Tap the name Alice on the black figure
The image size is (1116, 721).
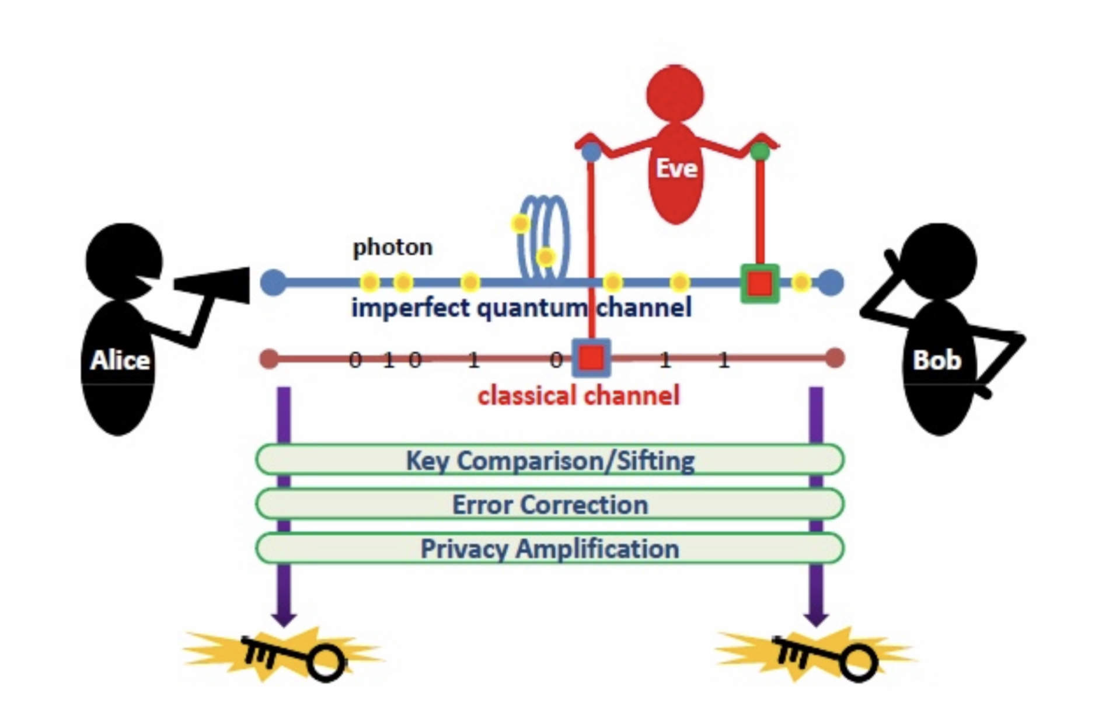point(120,360)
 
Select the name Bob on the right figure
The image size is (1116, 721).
point(936,360)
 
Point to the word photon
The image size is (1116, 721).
point(392,247)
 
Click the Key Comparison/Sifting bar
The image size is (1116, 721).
point(549,460)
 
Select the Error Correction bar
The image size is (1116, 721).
point(549,504)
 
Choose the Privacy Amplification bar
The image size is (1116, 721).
point(549,549)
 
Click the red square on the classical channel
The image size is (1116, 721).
point(591,357)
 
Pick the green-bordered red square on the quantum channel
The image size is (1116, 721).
point(759,284)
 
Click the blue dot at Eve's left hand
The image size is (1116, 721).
point(591,152)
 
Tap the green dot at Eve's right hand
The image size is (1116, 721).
point(759,152)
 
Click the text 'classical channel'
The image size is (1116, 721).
point(578,396)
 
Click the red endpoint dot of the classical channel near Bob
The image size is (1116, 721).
point(835,358)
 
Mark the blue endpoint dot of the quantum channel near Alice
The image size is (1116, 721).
point(273,283)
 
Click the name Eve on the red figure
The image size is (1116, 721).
point(676,168)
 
